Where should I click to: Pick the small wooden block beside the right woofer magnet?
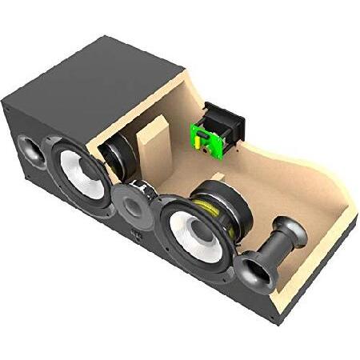pyautogui.click(x=217, y=177)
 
